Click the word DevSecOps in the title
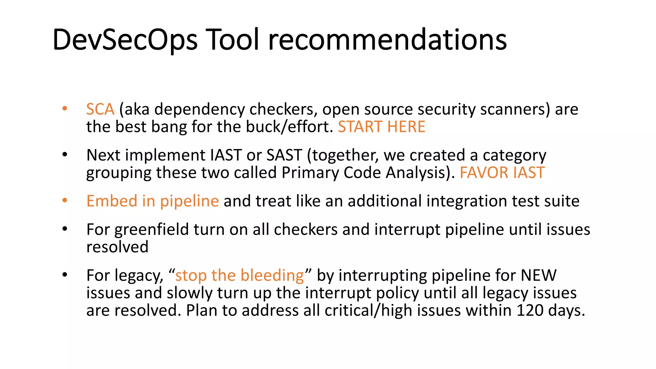click(125, 40)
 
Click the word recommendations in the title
click(388, 40)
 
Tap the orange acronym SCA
click(100, 109)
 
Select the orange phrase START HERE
click(381, 127)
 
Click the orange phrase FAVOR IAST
click(502, 173)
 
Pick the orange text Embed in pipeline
click(152, 201)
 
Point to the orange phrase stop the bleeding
click(239, 275)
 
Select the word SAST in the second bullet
click(284, 155)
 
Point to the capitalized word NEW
click(539, 275)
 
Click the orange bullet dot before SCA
click(65, 109)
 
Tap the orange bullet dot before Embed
click(65, 201)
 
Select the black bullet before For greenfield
click(65, 229)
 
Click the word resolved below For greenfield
click(117, 247)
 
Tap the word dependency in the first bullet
click(199, 109)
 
